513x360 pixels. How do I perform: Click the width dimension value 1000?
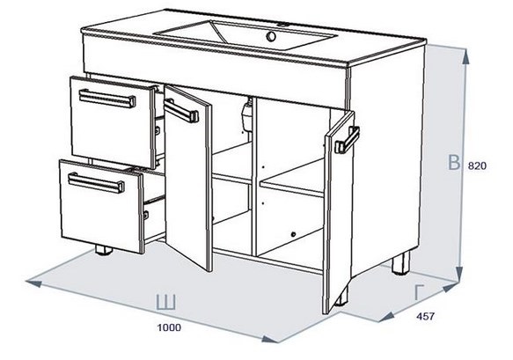coord(169,327)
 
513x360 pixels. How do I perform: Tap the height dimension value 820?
coord(477,166)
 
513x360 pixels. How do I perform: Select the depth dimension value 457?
coord(426,316)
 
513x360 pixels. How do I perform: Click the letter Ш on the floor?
coord(166,303)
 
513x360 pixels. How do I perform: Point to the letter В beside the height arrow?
coord(454,163)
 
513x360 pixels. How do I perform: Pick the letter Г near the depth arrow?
coord(419,292)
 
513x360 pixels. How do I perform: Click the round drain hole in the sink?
coord(271,36)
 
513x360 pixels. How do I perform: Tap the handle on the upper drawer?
coord(107,99)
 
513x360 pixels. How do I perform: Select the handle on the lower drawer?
coord(96,182)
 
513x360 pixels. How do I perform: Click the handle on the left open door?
coord(181,111)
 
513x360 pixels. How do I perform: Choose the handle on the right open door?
coord(347,140)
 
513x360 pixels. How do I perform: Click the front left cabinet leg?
coord(104,251)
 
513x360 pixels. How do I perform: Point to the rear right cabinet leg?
coord(401,263)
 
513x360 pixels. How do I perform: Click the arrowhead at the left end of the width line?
coord(34,283)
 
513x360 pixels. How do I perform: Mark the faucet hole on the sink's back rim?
coord(283,25)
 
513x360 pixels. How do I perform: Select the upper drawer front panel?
coord(113,122)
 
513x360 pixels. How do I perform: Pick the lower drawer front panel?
coord(101,207)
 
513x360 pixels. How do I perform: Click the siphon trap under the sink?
coord(247,114)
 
